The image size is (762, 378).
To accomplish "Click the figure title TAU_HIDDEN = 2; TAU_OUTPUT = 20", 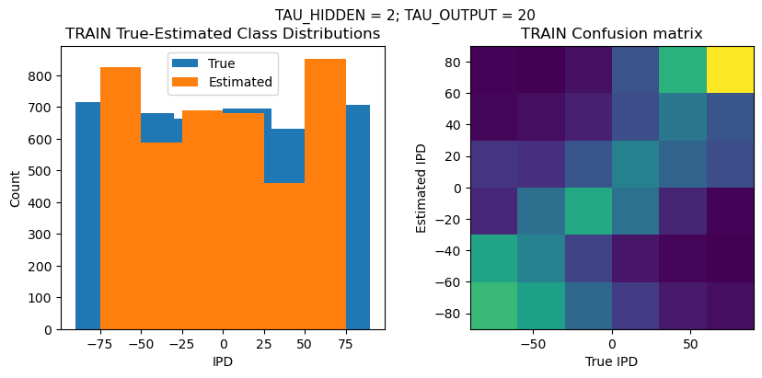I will pyautogui.click(x=405, y=15).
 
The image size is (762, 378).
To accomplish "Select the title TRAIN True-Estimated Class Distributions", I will pyautogui.click(x=223, y=34).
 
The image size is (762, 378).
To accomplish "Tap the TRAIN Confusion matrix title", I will pyautogui.click(x=612, y=34).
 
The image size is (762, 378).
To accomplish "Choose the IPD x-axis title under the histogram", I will pyautogui.click(x=223, y=361).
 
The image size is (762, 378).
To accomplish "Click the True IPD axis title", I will pyautogui.click(x=612, y=361).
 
